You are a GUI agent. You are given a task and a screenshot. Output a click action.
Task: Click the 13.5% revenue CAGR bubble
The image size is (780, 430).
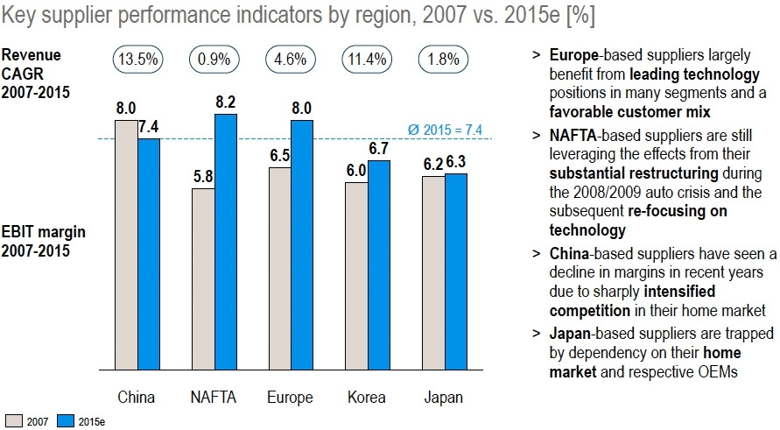137,61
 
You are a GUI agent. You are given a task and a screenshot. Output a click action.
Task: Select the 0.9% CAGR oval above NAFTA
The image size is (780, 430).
214,61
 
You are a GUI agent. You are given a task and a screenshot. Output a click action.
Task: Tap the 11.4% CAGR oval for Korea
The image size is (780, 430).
368,61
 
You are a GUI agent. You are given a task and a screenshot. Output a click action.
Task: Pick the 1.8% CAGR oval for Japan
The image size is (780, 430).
445,61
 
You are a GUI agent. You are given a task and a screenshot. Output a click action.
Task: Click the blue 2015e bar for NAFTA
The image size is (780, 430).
225,242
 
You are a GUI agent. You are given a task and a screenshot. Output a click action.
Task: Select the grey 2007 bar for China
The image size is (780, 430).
126,245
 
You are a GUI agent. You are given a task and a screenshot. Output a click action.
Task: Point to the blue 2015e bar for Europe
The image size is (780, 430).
302,245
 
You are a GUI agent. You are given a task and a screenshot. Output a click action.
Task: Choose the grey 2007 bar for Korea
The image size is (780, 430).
355,276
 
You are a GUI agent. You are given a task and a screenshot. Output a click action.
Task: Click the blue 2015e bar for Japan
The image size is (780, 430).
456,271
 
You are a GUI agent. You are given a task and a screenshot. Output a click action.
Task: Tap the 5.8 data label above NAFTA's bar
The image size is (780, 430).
202,176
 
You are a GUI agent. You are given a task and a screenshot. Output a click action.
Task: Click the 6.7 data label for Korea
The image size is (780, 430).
379,148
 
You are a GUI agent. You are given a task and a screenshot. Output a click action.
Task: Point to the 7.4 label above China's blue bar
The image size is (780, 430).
149,126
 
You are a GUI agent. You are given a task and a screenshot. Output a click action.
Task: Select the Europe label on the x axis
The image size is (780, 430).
290,398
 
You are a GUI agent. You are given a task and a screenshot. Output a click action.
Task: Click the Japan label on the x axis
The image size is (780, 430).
444,398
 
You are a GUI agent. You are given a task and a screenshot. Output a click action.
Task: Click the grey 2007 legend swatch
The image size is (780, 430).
13,421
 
